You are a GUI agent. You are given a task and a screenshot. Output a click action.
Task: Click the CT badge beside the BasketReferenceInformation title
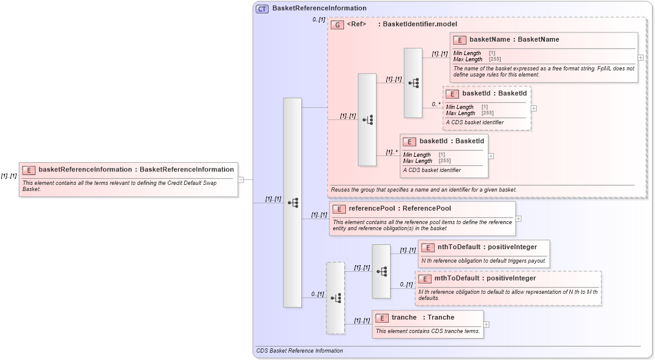click(x=262, y=9)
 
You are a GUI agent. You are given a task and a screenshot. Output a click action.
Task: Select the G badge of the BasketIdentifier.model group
click(x=337, y=25)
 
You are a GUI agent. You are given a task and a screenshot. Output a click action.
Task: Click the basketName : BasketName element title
click(x=514, y=40)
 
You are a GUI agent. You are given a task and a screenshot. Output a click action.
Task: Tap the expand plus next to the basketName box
click(x=640, y=57)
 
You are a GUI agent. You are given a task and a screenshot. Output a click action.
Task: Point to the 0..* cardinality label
click(x=436, y=104)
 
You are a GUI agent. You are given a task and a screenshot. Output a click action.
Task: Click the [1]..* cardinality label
click(x=392, y=152)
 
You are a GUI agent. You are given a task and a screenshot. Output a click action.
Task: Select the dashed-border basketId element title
click(x=494, y=94)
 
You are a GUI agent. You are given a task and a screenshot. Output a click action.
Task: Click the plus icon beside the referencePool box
click(x=518, y=218)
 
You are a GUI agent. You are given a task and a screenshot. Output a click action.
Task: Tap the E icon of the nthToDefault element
click(x=427, y=247)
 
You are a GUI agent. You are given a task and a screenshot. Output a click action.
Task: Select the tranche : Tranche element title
click(x=423, y=318)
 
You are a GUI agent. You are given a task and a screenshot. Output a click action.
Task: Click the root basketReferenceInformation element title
click(x=136, y=170)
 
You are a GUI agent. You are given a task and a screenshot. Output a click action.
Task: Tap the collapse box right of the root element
click(x=241, y=179)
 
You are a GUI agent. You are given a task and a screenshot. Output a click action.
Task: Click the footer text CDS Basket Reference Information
click(x=299, y=351)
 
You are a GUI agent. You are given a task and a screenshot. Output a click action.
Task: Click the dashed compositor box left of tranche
click(x=335, y=298)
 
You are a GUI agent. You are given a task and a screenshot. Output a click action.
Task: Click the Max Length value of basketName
click(x=495, y=59)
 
